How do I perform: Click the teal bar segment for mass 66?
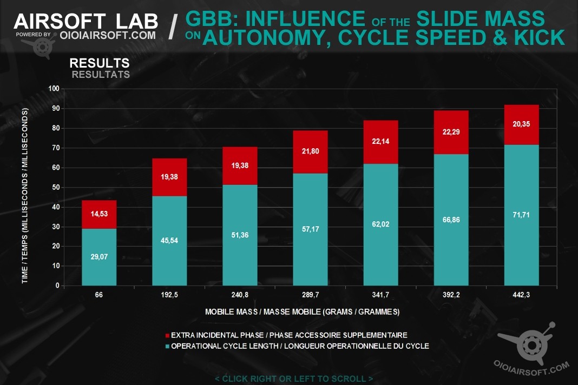click(99, 257)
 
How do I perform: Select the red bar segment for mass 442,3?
click(521, 125)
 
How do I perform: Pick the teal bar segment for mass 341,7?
click(380, 224)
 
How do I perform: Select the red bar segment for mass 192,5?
click(169, 177)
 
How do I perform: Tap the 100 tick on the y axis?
click(53, 89)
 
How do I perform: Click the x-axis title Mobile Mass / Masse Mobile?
click(302, 312)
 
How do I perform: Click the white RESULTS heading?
click(100, 63)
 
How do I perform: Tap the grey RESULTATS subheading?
click(101, 75)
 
